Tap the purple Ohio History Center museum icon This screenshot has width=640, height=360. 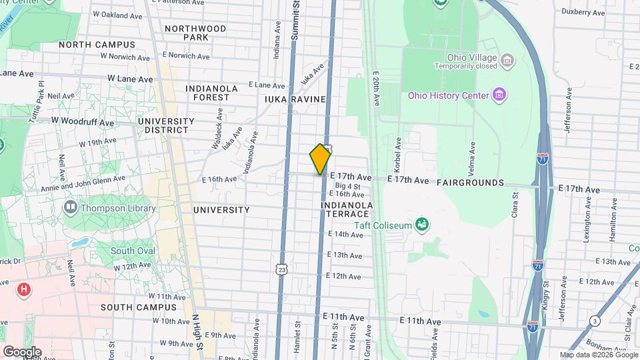[498, 94]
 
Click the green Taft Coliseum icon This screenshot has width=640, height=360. [421, 224]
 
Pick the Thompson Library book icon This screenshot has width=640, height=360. [70, 208]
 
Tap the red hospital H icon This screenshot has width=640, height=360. [24, 289]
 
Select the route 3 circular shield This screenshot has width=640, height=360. [594, 321]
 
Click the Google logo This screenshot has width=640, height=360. [22, 351]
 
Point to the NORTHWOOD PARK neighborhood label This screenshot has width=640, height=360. [195, 33]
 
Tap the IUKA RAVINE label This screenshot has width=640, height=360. [295, 99]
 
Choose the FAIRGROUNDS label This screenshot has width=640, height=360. [471, 182]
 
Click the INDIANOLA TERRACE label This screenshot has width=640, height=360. [345, 209]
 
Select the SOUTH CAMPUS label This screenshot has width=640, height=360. [139, 307]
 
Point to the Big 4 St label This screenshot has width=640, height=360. [347, 186]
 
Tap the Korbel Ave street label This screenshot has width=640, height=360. [398, 153]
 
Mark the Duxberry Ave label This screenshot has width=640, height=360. [582, 12]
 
